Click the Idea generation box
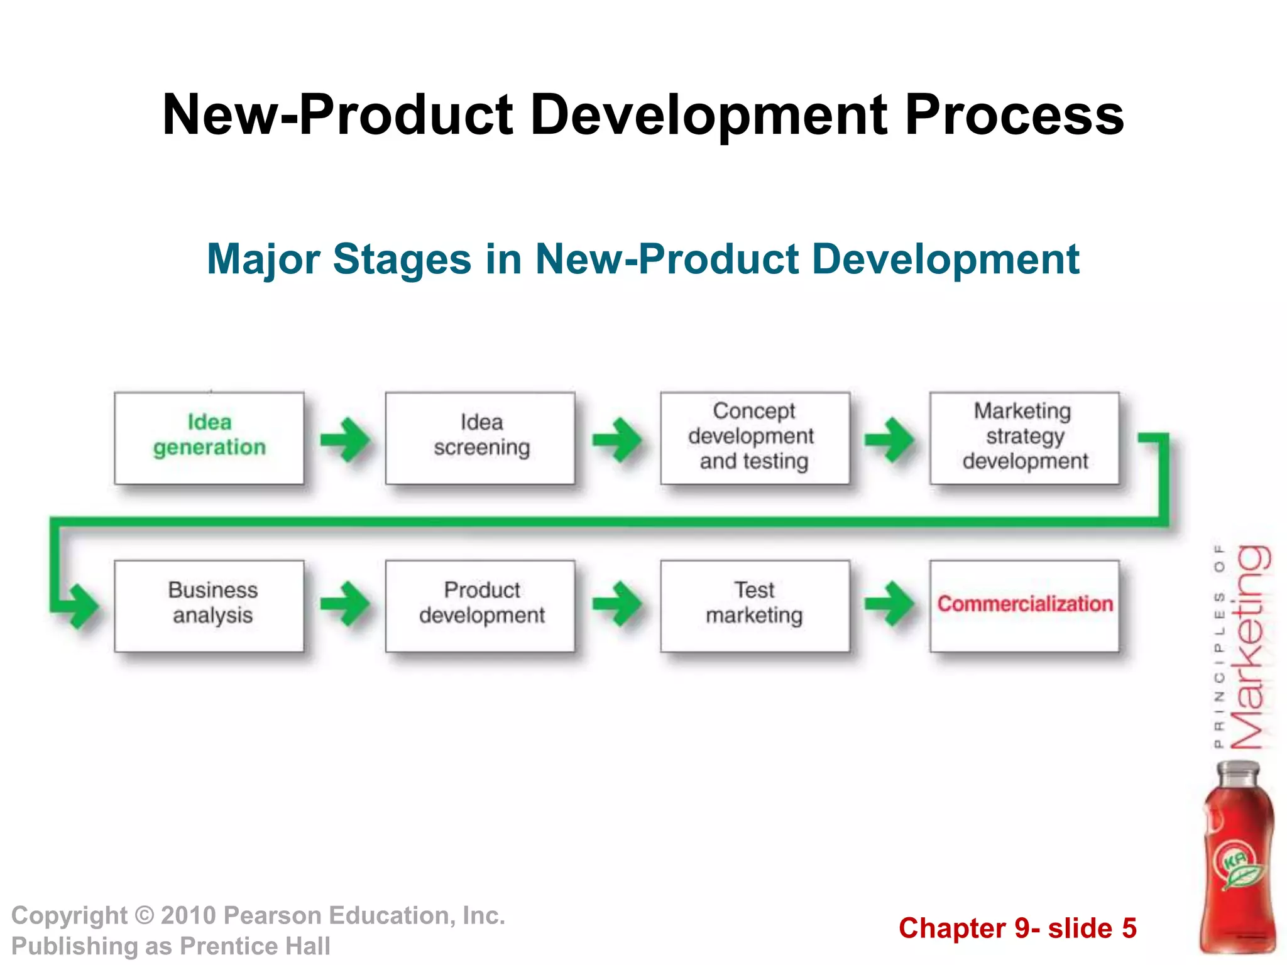point(209,438)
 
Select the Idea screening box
point(481,438)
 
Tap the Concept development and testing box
point(755,438)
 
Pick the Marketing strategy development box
point(1024,438)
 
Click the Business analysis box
point(209,606)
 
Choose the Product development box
point(481,606)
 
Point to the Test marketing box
point(755,606)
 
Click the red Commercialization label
point(1024,604)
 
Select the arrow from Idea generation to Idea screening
point(345,439)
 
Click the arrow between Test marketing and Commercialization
point(889,604)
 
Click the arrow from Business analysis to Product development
point(345,604)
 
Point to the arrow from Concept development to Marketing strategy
point(889,439)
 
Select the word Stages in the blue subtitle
point(402,259)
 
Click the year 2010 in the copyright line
point(188,916)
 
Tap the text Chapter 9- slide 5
point(1017,929)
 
